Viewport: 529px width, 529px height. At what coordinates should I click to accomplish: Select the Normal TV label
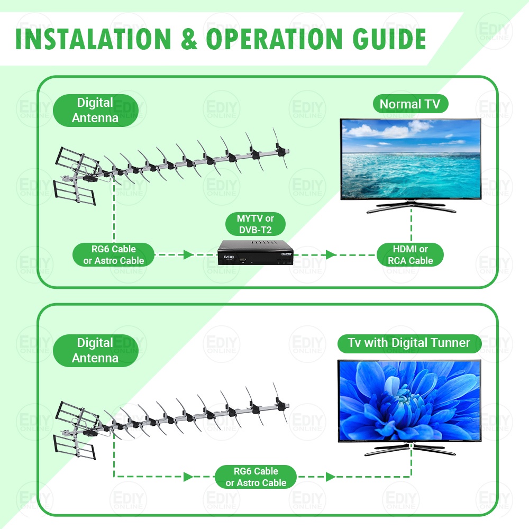(x=410, y=104)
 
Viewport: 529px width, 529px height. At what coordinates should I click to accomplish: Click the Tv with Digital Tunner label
(x=409, y=343)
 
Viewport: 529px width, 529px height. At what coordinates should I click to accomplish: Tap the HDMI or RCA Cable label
(x=410, y=254)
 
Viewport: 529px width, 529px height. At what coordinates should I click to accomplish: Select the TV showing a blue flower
(x=410, y=400)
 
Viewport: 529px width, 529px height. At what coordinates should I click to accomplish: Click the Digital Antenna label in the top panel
(x=95, y=110)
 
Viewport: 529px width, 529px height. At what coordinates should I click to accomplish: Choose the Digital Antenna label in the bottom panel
(x=95, y=350)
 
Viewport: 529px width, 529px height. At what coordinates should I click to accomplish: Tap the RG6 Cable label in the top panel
(x=114, y=254)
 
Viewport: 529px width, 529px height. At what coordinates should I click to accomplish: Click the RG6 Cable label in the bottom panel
(x=256, y=477)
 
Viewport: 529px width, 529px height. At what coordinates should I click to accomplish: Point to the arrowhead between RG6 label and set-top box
(x=187, y=254)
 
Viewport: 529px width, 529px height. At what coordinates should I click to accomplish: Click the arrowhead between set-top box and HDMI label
(x=331, y=254)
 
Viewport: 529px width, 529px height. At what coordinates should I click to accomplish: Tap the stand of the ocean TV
(x=411, y=208)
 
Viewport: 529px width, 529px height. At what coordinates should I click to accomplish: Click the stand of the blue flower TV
(x=411, y=450)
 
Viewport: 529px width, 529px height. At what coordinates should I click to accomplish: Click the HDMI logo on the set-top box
(x=286, y=254)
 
